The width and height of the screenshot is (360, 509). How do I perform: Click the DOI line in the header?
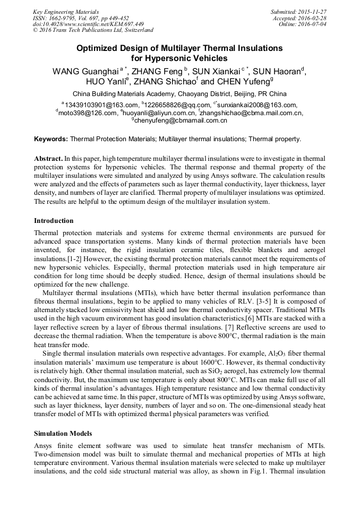click(88, 24)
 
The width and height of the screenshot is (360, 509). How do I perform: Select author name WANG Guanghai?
click(85, 71)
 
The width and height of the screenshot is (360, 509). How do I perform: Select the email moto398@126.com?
click(88, 113)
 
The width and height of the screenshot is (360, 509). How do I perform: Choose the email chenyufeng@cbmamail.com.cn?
click(181, 120)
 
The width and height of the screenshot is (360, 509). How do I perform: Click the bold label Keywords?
click(51, 139)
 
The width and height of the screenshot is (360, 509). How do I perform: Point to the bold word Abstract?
click(48, 159)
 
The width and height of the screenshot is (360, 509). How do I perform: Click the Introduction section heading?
click(54, 221)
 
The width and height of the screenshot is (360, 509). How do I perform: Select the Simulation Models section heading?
click(63, 434)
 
